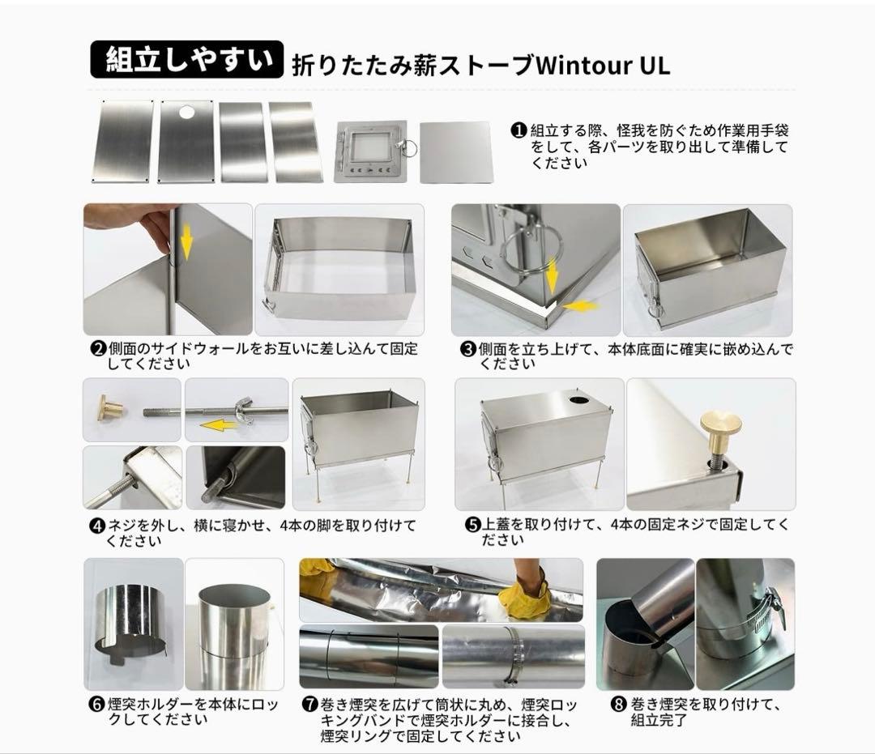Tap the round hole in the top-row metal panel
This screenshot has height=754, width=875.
(x=187, y=112)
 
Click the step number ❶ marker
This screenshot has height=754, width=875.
(x=519, y=131)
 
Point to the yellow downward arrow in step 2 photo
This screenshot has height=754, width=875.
(x=186, y=241)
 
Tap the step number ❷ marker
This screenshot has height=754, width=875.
(x=97, y=349)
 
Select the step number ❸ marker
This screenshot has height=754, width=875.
(x=467, y=349)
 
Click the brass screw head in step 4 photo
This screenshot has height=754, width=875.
(x=109, y=408)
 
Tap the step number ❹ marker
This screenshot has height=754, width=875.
(x=97, y=526)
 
